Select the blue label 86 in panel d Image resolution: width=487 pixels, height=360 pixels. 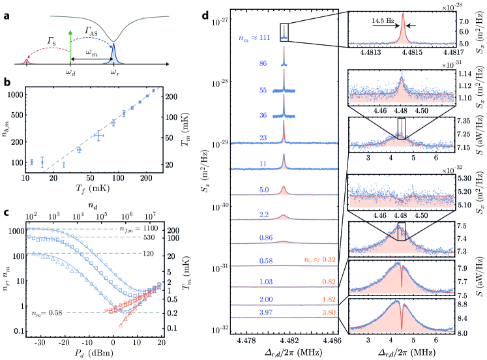pyautogui.click(x=262, y=65)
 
